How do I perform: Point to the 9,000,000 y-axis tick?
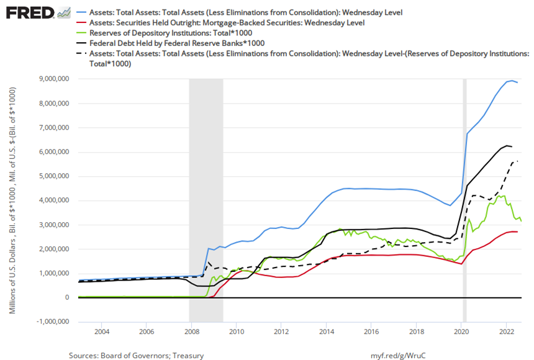[x=55, y=79]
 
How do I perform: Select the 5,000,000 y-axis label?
[x=55, y=176]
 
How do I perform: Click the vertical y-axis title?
[x=13, y=199]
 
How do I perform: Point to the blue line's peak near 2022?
[x=511, y=80]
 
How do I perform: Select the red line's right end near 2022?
[x=517, y=232]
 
